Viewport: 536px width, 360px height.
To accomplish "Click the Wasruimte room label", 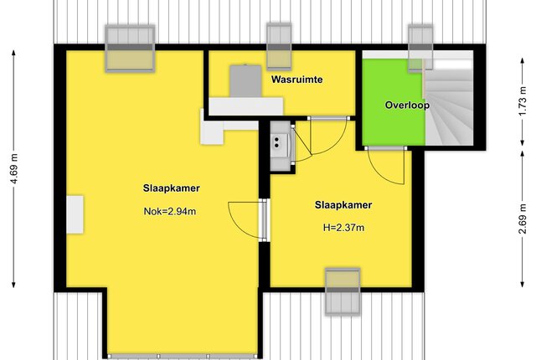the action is click(x=296, y=80).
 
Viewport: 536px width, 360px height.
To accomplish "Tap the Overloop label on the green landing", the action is click(x=407, y=105).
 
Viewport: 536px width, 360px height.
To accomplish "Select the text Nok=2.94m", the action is click(x=170, y=212).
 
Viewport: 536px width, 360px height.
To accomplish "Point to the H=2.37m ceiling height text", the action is click(x=343, y=228).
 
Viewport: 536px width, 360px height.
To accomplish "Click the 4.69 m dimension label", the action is click(x=14, y=169).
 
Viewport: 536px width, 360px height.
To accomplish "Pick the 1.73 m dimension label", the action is click(x=523, y=101).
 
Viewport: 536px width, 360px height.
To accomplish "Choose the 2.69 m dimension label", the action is click(x=523, y=219).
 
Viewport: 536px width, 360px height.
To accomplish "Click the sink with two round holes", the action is click(x=281, y=146).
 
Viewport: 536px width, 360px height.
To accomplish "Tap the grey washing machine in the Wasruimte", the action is click(x=245, y=81).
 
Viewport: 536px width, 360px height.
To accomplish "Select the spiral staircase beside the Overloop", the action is click(x=449, y=102).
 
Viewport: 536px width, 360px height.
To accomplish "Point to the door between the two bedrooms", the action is click(x=264, y=220).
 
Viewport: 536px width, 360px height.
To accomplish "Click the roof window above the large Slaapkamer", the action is click(x=130, y=49).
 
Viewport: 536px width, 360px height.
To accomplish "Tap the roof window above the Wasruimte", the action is click(x=279, y=46).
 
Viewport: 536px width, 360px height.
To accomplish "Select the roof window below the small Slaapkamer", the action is click(x=343, y=291).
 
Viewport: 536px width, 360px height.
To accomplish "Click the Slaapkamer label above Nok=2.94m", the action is click(x=171, y=188).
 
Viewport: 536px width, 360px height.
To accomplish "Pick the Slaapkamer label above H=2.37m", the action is click(x=343, y=205).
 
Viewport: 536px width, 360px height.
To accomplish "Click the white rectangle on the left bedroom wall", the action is click(x=75, y=214).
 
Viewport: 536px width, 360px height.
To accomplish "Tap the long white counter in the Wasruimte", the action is click(x=245, y=106).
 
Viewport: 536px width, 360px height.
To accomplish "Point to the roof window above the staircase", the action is click(x=420, y=48).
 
